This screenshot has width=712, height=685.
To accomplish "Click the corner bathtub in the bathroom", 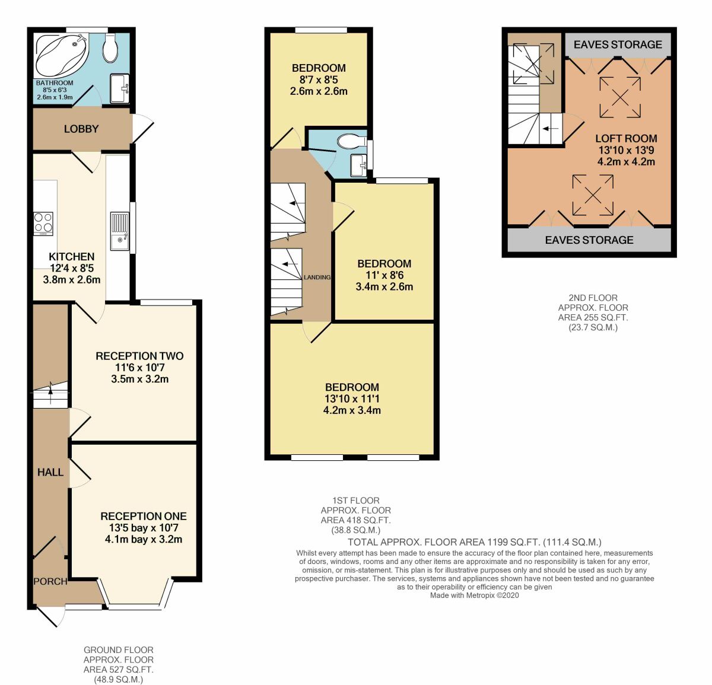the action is [x=62, y=55].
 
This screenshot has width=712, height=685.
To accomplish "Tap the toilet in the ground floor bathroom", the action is [x=109, y=47].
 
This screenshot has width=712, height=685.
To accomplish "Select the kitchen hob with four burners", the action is [x=43, y=224].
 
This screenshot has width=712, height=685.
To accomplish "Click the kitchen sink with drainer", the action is [x=120, y=231].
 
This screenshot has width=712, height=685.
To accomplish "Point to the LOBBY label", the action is [x=81, y=129].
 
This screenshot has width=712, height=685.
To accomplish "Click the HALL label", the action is [x=50, y=472].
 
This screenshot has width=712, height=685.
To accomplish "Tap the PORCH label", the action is [x=50, y=581].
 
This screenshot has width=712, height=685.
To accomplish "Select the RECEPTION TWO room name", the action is [x=139, y=356].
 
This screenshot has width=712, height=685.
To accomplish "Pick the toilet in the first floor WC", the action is [x=352, y=141].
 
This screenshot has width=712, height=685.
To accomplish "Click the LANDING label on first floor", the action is [x=317, y=277].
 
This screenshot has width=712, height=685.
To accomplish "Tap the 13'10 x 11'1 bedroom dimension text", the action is [x=352, y=399].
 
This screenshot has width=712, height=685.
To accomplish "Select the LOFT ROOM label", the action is [x=626, y=138].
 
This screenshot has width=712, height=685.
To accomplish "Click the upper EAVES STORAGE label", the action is [x=618, y=44].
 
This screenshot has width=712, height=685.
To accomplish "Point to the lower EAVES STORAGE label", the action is [x=589, y=240].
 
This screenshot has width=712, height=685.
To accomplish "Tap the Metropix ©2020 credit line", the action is [x=475, y=595].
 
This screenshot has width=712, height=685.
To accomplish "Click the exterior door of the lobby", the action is [x=142, y=128].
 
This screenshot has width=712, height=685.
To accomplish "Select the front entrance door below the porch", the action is [x=51, y=617].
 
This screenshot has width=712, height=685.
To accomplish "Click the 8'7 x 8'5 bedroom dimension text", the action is [x=319, y=79].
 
